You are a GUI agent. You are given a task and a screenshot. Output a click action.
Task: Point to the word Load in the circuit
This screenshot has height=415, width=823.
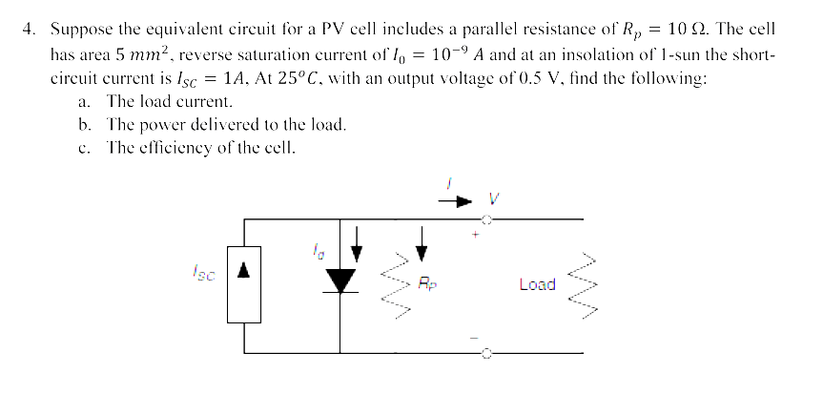coord(537,284)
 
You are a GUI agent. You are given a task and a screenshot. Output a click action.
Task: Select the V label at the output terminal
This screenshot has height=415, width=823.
coord(493,201)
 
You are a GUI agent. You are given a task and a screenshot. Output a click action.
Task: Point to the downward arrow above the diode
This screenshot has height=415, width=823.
coord(357,245)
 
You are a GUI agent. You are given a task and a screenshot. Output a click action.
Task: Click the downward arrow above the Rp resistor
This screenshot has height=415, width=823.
coord(422,245)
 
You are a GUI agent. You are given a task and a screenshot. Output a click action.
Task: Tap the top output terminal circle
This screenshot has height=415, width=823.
coord(485,219)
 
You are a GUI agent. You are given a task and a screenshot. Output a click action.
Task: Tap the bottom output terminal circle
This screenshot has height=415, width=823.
coord(485,353)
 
